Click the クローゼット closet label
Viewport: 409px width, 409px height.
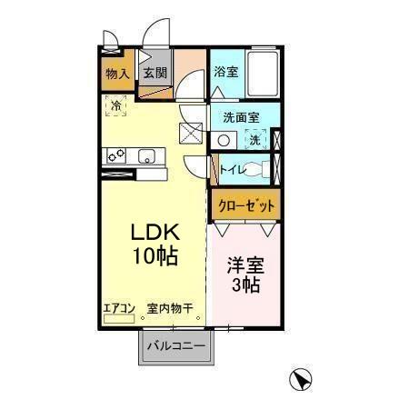click(245, 205)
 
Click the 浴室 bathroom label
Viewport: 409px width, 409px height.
click(226, 71)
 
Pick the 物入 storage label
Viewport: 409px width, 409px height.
click(116, 74)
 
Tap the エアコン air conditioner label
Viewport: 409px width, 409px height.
click(118, 309)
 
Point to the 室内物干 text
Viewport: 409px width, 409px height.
click(170, 309)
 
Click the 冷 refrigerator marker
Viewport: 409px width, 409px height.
click(115, 106)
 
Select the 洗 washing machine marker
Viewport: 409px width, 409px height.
click(256, 140)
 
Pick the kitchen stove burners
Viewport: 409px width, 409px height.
click(116, 155)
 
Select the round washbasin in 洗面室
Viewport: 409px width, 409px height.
click(225, 140)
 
